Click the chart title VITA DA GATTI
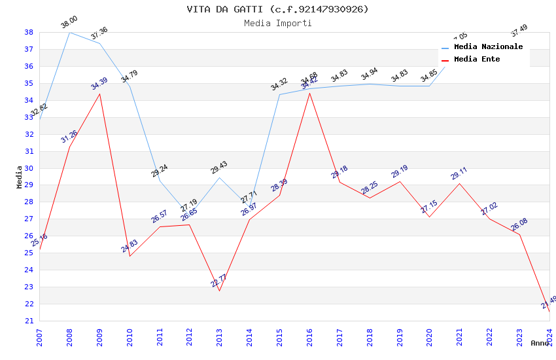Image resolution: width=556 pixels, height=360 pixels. tap(277, 9)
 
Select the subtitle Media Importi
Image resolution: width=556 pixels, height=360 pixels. tap(277, 24)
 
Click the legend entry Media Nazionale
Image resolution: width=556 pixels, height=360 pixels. tap(488, 46)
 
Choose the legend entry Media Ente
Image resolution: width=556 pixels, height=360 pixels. tap(477, 59)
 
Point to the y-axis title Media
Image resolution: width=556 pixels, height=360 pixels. tap(20, 176)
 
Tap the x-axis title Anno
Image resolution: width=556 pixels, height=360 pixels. tap(540, 343)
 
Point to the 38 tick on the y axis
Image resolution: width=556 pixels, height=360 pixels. tap(29, 32)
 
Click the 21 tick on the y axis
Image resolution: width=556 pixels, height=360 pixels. tap(29, 321)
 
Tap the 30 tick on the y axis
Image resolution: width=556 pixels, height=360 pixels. tap(29, 168)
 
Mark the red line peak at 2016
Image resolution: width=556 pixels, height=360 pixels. tap(309, 93)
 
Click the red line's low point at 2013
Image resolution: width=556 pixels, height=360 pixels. tap(219, 291)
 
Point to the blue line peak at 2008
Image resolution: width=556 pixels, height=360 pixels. tap(69, 32)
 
